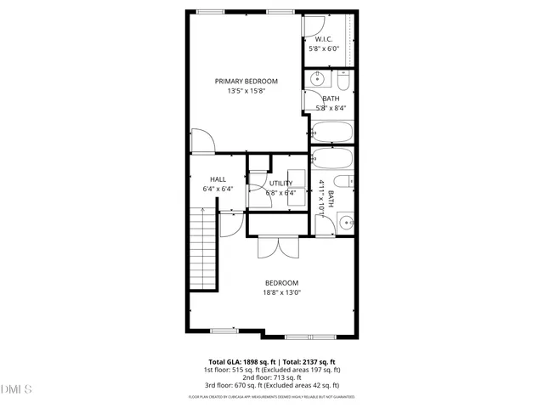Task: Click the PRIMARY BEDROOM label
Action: coord(246,82)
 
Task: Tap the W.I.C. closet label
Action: coord(323,39)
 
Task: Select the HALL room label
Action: coord(218,178)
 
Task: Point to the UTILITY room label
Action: coord(280,183)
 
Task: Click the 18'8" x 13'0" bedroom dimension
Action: coord(282,292)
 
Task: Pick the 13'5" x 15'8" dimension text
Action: coord(246,92)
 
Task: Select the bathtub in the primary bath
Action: coord(331,132)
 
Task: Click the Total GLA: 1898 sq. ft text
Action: coord(239,361)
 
